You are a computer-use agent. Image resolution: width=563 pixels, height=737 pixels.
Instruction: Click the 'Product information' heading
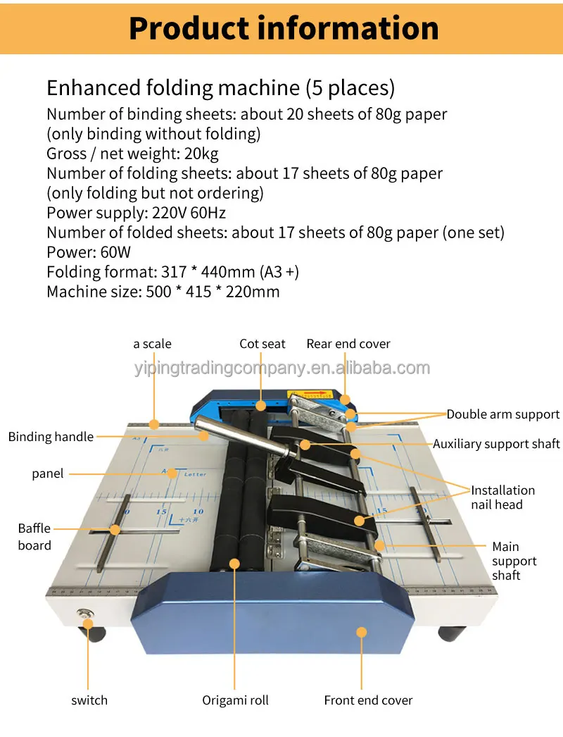284,29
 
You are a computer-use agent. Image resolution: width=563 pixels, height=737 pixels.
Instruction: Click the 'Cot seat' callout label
262,344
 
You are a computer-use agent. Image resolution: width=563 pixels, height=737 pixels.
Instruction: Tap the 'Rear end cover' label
348,344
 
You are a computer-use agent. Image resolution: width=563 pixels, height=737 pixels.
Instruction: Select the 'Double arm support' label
502,414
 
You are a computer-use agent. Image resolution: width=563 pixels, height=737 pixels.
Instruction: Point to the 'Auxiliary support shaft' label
496,444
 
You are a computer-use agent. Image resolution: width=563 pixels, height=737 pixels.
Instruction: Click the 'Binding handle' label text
51,437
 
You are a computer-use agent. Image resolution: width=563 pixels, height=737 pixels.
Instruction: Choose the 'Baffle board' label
34,536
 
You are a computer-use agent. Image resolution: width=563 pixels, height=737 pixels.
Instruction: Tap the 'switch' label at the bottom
89,700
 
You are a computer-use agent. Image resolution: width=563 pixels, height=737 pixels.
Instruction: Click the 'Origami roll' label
235,700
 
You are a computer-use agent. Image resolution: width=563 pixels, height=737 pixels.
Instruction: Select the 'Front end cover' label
368,700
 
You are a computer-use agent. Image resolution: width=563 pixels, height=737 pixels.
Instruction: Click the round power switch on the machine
87,615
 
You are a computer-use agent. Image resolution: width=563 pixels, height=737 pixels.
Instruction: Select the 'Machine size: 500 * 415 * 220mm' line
163,292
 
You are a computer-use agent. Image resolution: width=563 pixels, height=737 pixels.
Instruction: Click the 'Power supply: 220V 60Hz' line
136,213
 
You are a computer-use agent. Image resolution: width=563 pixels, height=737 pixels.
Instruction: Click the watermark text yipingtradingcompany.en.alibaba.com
281,368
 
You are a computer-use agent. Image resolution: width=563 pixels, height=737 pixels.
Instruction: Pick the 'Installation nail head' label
502,497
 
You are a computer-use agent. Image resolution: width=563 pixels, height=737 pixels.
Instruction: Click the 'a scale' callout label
152,344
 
